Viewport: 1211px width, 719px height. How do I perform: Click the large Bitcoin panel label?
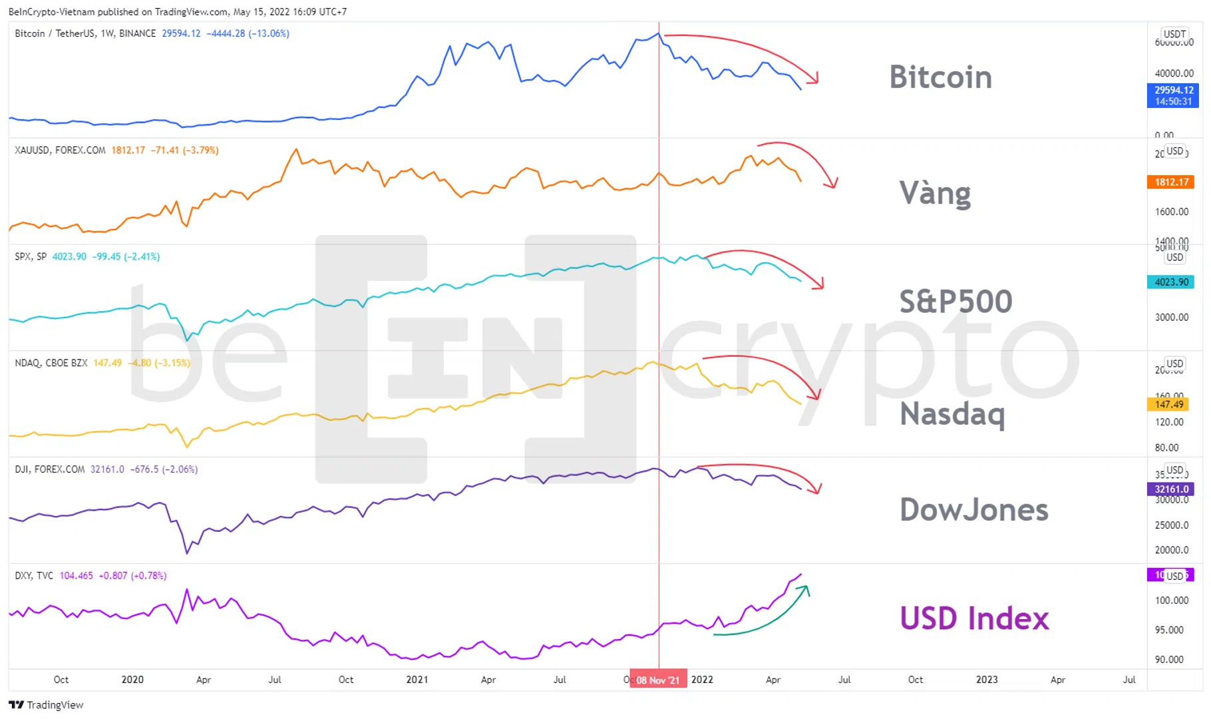pos(940,77)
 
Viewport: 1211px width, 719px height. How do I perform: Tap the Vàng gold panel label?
pos(935,193)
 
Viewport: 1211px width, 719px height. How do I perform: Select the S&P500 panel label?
pos(955,301)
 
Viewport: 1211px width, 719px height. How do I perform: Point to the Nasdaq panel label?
pos(952,413)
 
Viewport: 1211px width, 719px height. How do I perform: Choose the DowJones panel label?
pos(973,510)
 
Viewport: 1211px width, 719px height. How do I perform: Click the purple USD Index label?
pos(974,618)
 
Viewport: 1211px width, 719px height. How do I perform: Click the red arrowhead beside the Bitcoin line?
pos(812,78)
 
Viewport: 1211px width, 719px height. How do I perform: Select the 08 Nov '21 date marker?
pos(658,680)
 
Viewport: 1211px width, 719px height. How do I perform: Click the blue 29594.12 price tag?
pos(1173,95)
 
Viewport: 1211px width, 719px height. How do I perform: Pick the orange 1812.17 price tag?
pos(1171,182)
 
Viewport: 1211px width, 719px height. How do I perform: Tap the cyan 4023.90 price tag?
pos(1171,282)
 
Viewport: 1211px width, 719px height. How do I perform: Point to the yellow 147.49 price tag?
pos(1169,404)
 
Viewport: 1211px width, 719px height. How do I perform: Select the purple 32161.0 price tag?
pos(1171,489)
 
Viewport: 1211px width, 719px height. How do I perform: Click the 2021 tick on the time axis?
pos(417,680)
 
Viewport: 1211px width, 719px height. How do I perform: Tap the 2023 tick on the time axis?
pos(987,680)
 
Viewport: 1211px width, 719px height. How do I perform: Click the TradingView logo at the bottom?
pos(47,705)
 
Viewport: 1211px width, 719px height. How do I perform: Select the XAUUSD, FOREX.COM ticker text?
pos(60,150)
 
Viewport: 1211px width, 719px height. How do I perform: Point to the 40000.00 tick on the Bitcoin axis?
pos(1174,73)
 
